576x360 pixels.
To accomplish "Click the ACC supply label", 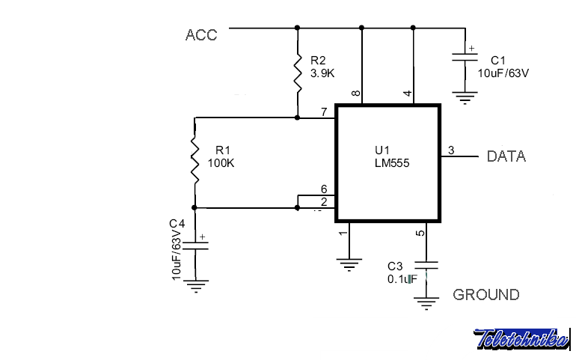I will [x=201, y=35].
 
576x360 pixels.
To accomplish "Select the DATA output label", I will [x=506, y=156].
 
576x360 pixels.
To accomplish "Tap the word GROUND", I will [x=485, y=294].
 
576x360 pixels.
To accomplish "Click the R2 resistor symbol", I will [x=298, y=75].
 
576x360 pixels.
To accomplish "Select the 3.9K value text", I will [x=323, y=73].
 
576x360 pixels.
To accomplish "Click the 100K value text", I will [x=221, y=163].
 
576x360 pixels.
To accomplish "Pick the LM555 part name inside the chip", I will [x=391, y=162].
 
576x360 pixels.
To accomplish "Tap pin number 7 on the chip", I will [x=324, y=112].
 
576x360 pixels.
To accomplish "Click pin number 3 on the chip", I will [x=451, y=150].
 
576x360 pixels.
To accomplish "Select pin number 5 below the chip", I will [x=420, y=234].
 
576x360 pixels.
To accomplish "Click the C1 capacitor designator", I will [x=498, y=60].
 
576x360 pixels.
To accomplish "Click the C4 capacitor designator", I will [x=177, y=224].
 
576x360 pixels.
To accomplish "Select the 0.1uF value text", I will [x=401, y=279].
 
